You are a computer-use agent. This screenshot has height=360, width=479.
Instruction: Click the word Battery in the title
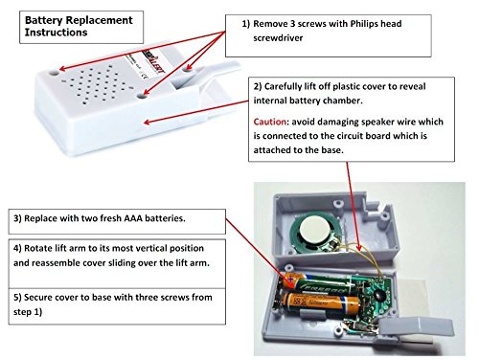pyautogui.click(x=44, y=20)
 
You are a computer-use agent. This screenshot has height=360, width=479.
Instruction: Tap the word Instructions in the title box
pyautogui.click(x=56, y=33)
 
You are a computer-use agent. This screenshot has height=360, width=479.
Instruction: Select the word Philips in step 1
pyautogui.click(x=363, y=24)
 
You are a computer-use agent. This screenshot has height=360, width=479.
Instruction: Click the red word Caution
pyautogui.click(x=270, y=122)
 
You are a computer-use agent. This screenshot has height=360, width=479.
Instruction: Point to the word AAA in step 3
pyautogui.click(x=133, y=218)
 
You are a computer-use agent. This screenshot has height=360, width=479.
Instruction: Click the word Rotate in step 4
pyautogui.click(x=38, y=248)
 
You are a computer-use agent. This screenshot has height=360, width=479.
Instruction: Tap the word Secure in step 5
pyautogui.click(x=37, y=298)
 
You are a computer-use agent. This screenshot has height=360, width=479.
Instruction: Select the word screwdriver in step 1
pyautogui.click(x=278, y=38)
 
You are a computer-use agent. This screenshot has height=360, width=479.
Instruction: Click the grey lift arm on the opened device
pyautogui.click(x=416, y=328)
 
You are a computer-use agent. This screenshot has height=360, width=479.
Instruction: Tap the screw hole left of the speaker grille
pyautogui.click(x=54, y=73)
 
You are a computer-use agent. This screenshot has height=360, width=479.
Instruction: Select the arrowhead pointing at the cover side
pyautogui.click(x=148, y=122)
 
